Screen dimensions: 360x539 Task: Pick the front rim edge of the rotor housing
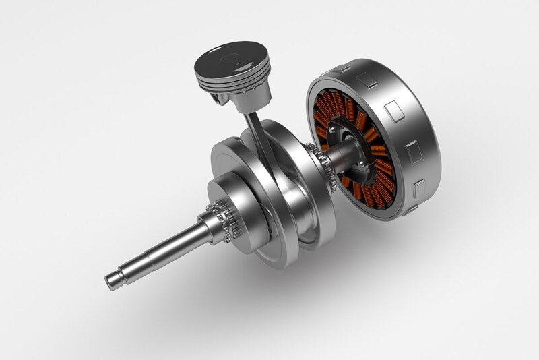click(x=317, y=101)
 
